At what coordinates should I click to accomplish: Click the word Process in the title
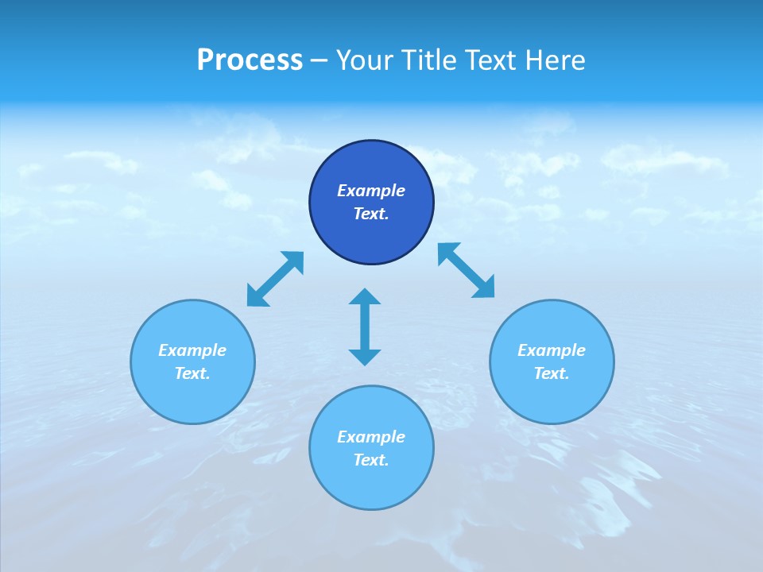pyautogui.click(x=250, y=60)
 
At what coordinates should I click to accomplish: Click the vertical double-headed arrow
pyautogui.click(x=365, y=327)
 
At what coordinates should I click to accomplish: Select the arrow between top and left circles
pyautogui.click(x=275, y=279)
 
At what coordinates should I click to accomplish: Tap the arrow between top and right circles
pyautogui.click(x=467, y=270)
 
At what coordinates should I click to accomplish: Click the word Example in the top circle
pyautogui.click(x=371, y=191)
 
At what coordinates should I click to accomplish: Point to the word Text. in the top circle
pyautogui.click(x=371, y=214)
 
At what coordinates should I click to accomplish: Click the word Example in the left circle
pyautogui.click(x=192, y=350)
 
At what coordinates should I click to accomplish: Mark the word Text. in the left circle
pyautogui.click(x=192, y=373)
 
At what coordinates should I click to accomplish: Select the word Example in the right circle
pyautogui.click(x=552, y=350)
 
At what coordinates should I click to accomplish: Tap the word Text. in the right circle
pyautogui.click(x=552, y=373)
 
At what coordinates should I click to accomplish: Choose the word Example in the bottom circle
pyautogui.click(x=371, y=437)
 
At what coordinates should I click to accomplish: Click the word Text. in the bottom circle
pyautogui.click(x=371, y=460)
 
